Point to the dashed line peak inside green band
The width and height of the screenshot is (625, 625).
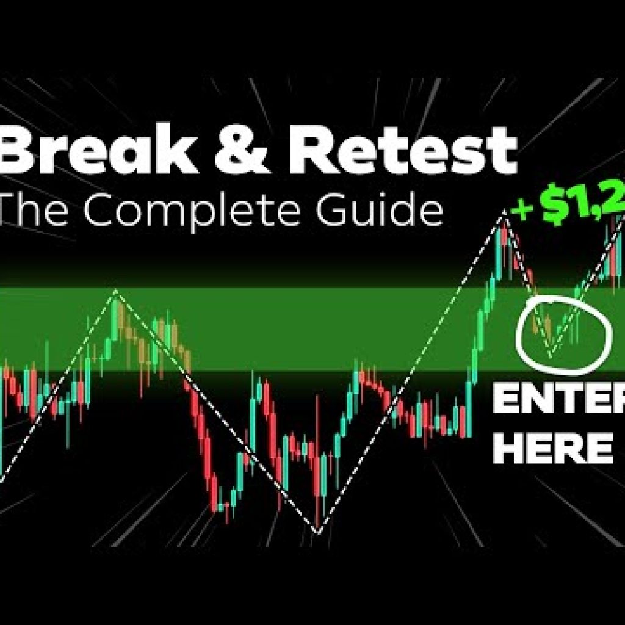click(x=115, y=291)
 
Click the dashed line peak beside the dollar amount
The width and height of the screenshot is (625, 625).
click(x=505, y=211)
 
